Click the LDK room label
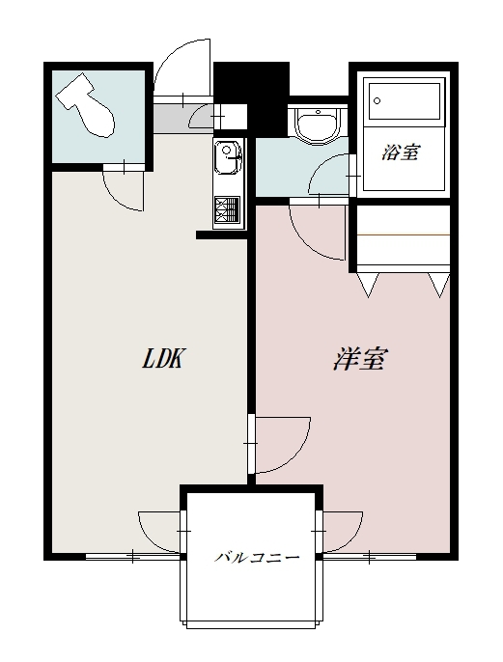(163, 359)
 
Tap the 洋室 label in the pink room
(359, 359)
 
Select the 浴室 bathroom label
(401, 152)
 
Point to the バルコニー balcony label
(257, 558)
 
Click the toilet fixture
(87, 105)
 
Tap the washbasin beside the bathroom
(317, 124)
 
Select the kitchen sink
(228, 158)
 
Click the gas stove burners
(227, 210)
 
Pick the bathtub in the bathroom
(405, 101)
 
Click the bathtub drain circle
(377, 101)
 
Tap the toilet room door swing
(124, 190)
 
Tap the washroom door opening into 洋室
(318, 232)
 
